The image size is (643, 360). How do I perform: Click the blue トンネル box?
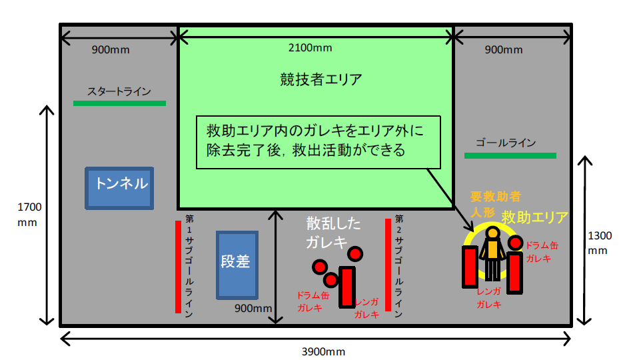(x=120, y=187)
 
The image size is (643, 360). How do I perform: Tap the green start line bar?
(x=119, y=103)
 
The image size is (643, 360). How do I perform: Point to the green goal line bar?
(x=510, y=156)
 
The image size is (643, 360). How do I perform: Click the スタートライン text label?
(x=119, y=91)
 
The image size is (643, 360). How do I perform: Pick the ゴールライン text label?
(x=506, y=143)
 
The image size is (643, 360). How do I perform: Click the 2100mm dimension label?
(x=310, y=48)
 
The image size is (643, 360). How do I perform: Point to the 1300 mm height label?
(x=600, y=243)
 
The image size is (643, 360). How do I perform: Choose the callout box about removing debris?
(x=319, y=140)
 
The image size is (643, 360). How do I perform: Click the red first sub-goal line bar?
(x=178, y=267)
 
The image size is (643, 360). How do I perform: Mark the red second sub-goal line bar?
(x=388, y=265)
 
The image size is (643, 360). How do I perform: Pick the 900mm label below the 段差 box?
(x=253, y=308)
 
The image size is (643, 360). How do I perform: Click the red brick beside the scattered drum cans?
(x=346, y=287)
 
